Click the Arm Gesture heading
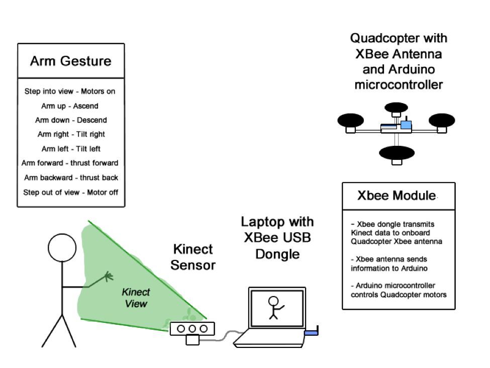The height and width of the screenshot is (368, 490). point(70,61)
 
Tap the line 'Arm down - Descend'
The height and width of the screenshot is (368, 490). point(70,120)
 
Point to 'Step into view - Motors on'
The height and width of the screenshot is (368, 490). point(70,91)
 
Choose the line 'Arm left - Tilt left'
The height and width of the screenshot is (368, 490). point(70,149)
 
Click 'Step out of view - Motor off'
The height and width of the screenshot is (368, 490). point(70,192)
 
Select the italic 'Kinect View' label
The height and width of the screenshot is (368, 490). point(136,298)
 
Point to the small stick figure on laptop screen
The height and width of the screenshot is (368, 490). point(274,307)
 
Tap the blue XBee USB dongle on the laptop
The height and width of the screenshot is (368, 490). point(312,332)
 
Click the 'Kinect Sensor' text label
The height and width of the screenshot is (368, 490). point(192,257)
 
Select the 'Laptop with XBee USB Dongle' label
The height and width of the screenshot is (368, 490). point(277,238)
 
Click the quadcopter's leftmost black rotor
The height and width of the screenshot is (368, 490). point(350,120)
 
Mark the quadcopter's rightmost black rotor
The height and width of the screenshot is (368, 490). point(441,120)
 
